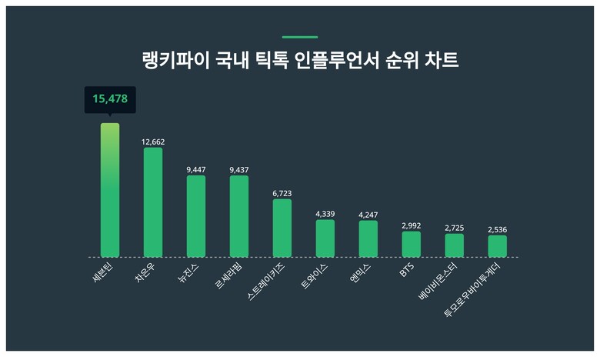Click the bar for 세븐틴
tap(110, 190)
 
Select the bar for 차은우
tap(153, 202)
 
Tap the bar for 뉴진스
tap(196, 216)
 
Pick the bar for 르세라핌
tap(239, 216)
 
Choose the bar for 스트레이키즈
tap(282, 228)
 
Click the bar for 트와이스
tap(325, 238)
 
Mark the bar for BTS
tap(412, 244)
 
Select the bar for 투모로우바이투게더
tap(498, 245)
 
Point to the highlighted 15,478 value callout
tap(110, 99)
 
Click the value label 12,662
tap(153, 142)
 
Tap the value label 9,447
tap(196, 169)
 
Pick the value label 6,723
tap(282, 193)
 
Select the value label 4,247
tap(368, 215)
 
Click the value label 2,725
tap(455, 228)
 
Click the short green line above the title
tap(300, 37)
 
